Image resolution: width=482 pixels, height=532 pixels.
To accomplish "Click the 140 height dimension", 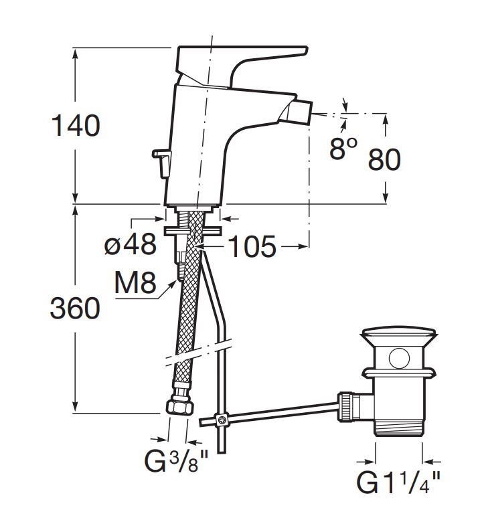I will [x=75, y=126].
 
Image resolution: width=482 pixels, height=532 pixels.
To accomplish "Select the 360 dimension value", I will [x=75, y=308].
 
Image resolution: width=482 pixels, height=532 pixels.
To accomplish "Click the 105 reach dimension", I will [x=252, y=248].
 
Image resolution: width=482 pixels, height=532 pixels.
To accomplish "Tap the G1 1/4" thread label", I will [x=398, y=483].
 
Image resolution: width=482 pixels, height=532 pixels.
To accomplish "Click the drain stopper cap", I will [x=398, y=334].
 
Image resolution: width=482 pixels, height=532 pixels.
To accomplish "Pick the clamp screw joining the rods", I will [x=220, y=420].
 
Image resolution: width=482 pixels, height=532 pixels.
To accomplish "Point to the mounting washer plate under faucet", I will [x=192, y=231].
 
